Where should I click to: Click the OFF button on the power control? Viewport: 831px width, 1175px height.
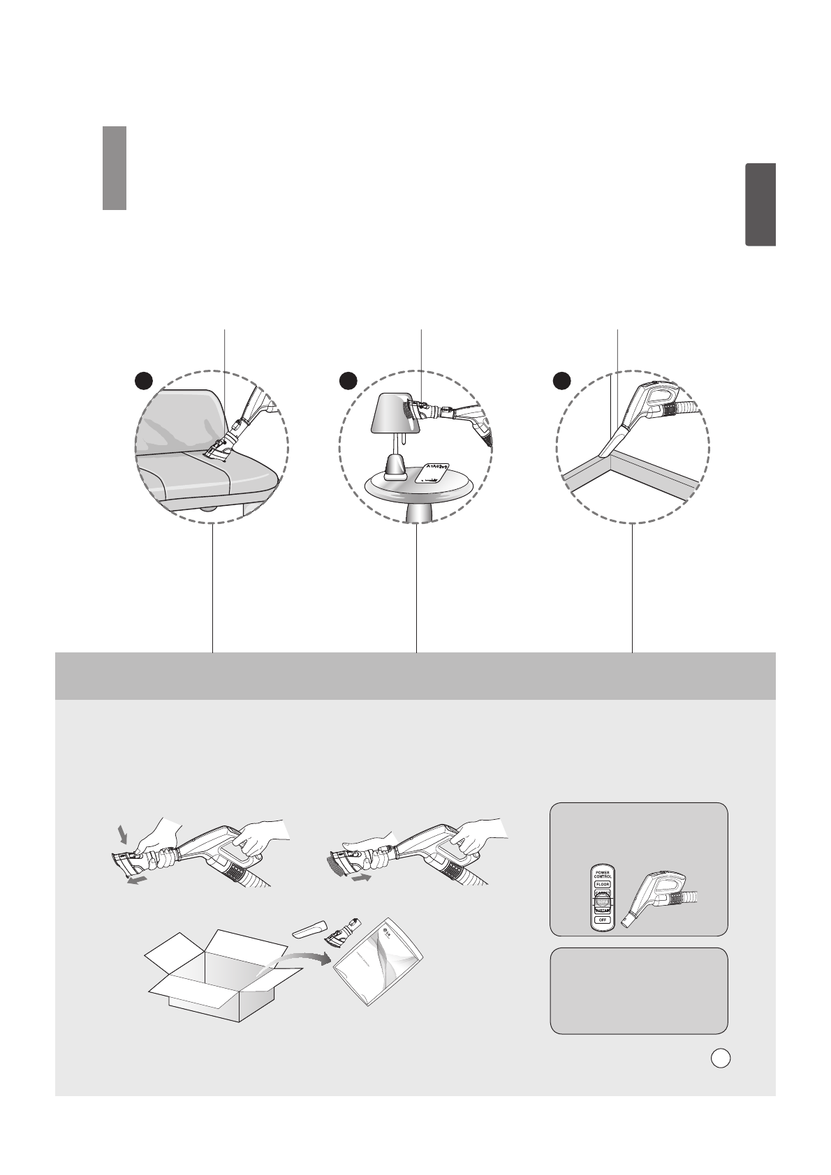[x=601, y=920]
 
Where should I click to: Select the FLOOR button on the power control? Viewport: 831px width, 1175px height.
[x=601, y=884]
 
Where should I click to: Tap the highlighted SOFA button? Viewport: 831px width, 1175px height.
[x=601, y=902]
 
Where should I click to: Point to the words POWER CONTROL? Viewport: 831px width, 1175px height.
[x=601, y=874]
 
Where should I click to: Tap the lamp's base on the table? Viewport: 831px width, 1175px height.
[x=396, y=467]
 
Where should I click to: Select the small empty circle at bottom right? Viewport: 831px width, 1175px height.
[x=721, y=1058]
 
